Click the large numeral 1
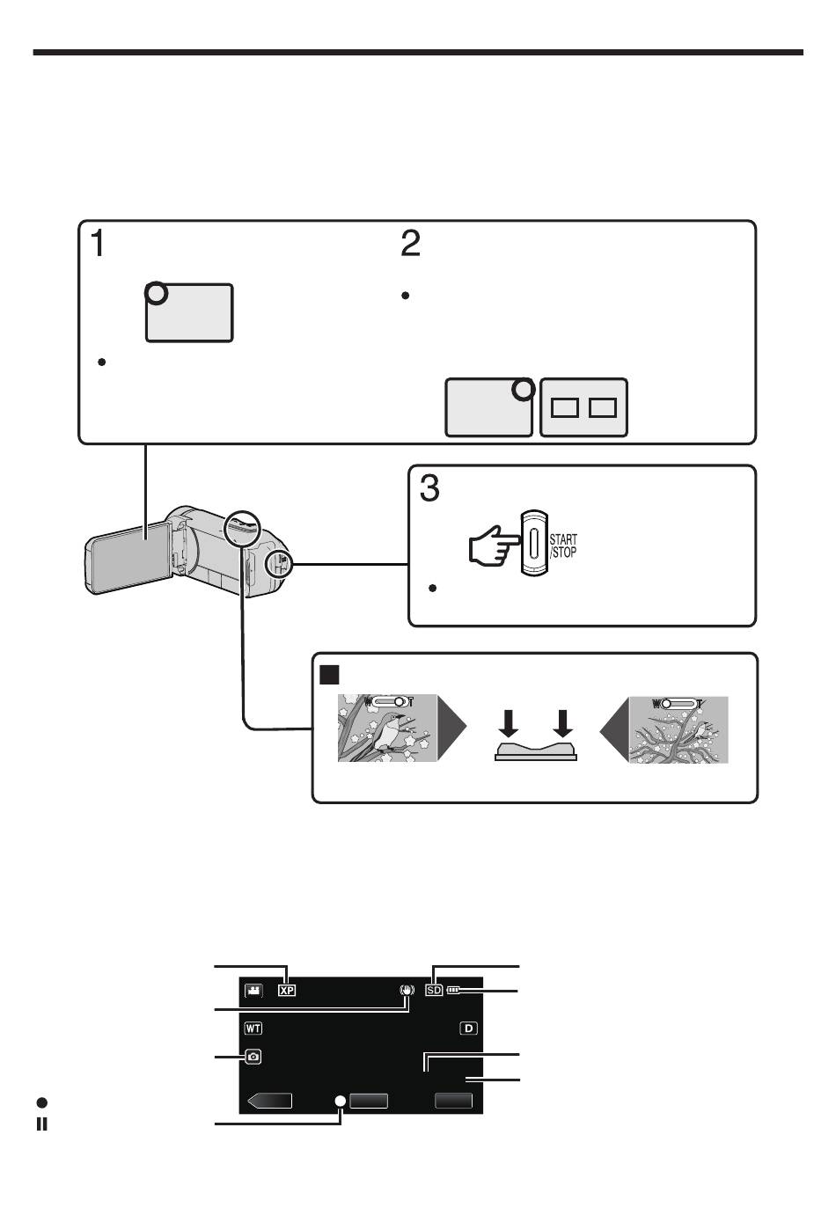(98, 243)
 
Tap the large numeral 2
(410, 243)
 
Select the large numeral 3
(429, 487)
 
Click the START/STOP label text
(563, 545)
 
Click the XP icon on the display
(287, 990)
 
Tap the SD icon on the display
(434, 990)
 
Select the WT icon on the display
(253, 1028)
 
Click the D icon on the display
(469, 1028)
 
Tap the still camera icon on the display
(253, 1057)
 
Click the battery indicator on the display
(454, 990)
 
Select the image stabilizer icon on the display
(407, 990)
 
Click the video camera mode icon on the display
(253, 991)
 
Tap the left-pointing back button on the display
(269, 1101)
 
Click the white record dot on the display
(341, 1101)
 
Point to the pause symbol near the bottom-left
(41, 1124)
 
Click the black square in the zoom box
(329, 674)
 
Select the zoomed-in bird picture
(387, 728)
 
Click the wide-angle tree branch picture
(678, 729)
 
